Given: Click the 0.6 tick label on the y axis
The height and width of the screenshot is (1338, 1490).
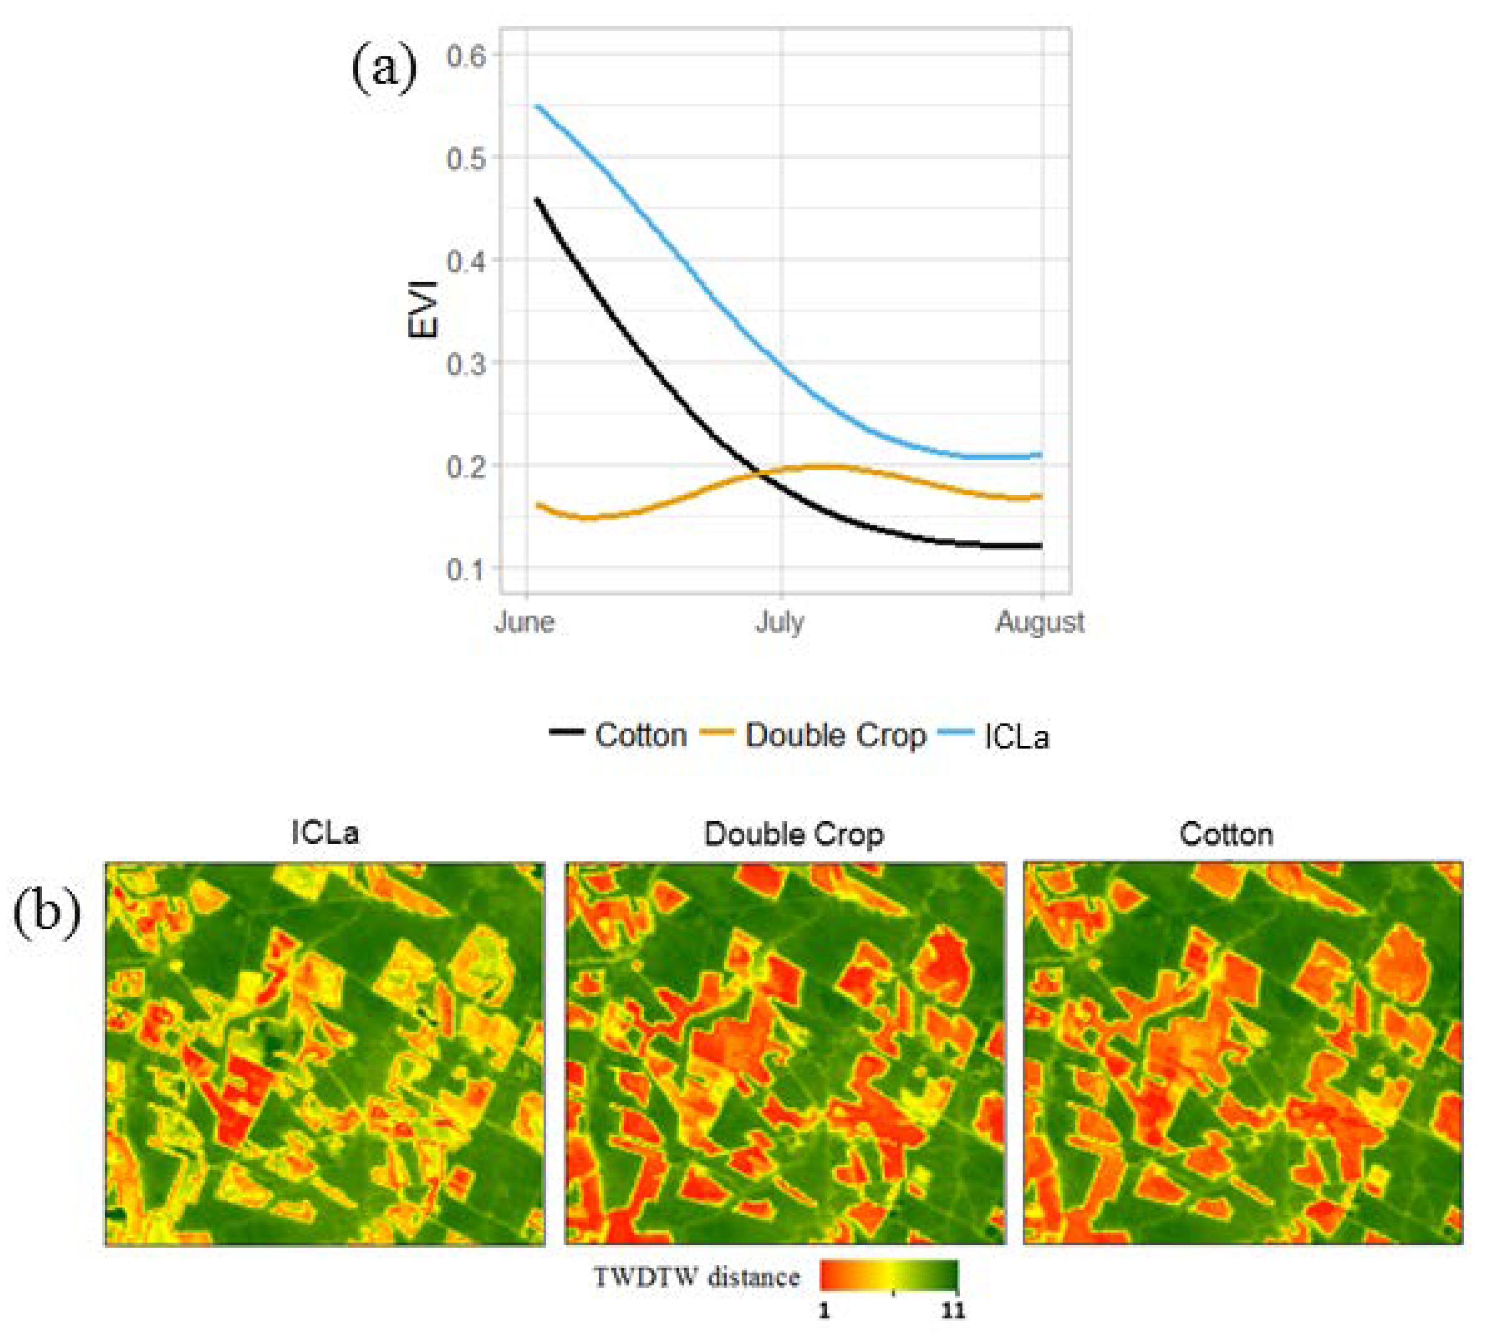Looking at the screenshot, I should coord(466,56).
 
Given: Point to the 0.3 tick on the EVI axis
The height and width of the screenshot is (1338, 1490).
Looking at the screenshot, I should coord(466,363).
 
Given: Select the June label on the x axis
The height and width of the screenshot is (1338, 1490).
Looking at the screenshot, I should coord(524,623).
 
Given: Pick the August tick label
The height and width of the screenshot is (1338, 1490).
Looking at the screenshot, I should coord(1040,623).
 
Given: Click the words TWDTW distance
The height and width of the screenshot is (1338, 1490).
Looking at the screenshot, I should coord(695,1277).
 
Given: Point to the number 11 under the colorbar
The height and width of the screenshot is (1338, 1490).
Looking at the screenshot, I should coord(953,1311).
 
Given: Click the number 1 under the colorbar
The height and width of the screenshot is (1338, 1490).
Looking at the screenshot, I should coord(825,1311).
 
